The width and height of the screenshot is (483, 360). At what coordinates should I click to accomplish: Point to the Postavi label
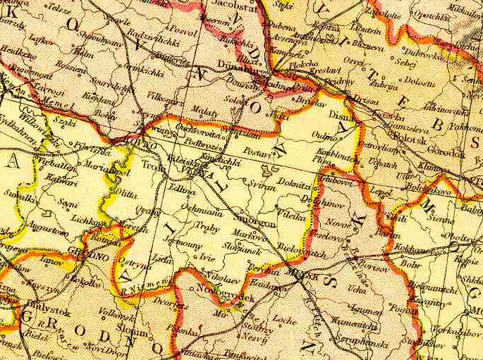258,152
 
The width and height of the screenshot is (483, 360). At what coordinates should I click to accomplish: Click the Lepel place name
381,192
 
